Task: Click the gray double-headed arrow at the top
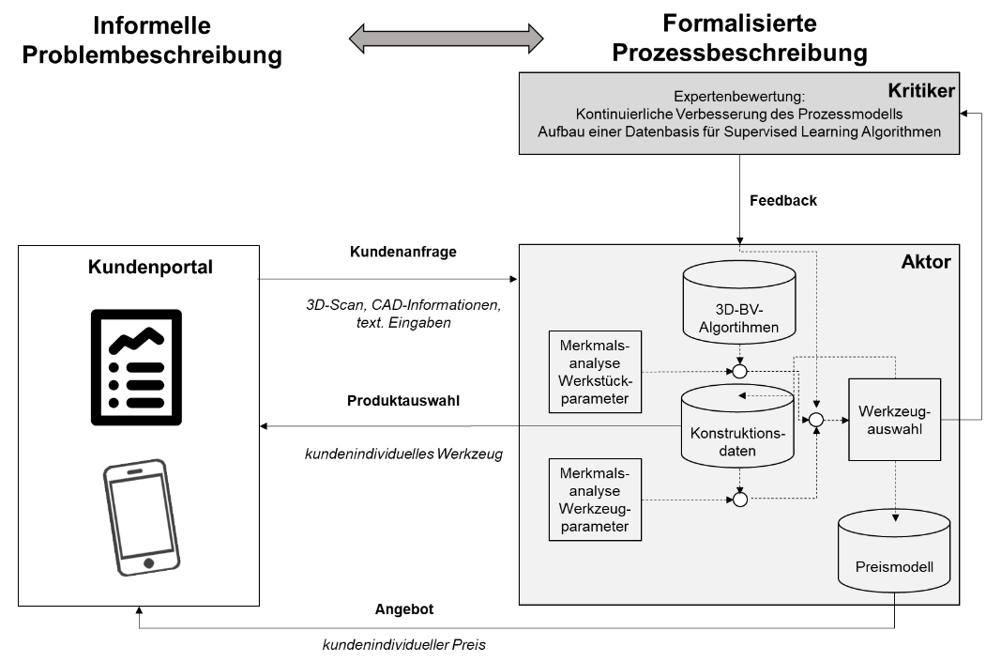[x=446, y=38]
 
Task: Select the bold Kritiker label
[x=920, y=91]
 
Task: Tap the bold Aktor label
[x=925, y=262]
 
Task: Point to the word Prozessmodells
[x=859, y=115]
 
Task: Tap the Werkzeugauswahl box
[x=894, y=420]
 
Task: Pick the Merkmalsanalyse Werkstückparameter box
[x=595, y=371]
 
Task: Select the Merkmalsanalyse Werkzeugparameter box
[x=595, y=500]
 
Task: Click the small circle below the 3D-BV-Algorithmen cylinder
[x=739, y=372]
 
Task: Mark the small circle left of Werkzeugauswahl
[x=816, y=420]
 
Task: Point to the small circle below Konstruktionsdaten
[x=739, y=500]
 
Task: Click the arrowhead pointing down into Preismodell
[x=896, y=517]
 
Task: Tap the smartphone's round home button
[x=148, y=562]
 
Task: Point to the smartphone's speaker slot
[x=136, y=472]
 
